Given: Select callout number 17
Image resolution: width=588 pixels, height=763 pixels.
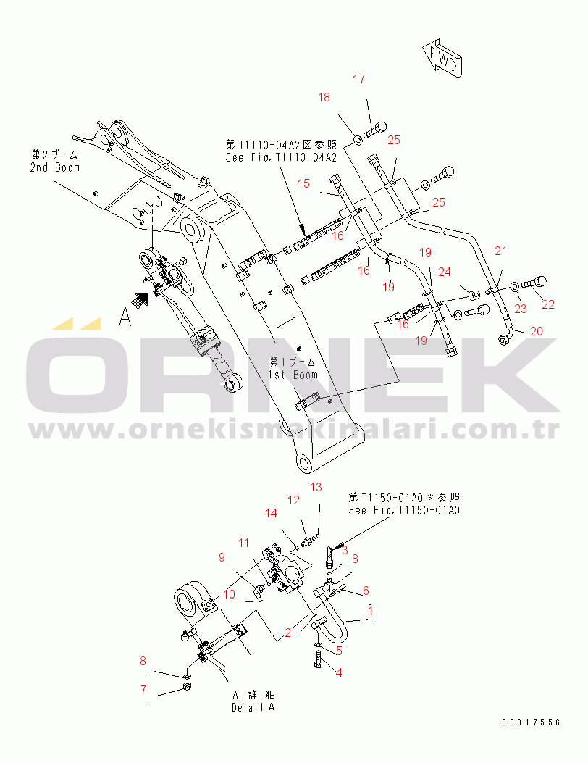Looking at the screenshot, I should coord(359,80).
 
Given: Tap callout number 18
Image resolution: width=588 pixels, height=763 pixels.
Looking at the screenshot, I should coord(324,97).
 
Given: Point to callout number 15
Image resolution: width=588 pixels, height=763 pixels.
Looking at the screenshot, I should coord(304,184).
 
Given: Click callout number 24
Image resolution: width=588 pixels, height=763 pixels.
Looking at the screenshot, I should coord(444,272).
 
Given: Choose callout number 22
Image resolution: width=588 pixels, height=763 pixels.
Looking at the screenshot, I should coord(547,304).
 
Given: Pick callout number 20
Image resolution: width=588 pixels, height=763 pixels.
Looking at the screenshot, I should coord(536,331).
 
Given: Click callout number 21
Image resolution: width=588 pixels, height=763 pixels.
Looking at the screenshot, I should coord(501,251).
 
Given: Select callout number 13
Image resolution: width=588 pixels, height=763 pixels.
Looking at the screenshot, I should coord(316,487).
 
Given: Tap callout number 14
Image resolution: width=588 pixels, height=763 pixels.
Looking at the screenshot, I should coord(270,513).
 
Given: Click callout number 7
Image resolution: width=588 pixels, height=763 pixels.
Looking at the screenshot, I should coord(143,689).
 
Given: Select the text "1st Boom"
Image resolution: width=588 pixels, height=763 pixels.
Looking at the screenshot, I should coord(293,375).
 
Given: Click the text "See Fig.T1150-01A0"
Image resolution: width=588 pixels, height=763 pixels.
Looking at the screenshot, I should coord(404,510).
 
